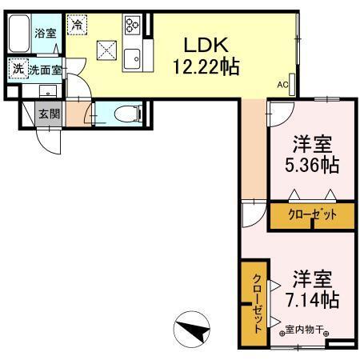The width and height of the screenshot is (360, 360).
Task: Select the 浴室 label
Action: (46, 33)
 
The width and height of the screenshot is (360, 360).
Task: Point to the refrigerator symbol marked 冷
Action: (76, 26)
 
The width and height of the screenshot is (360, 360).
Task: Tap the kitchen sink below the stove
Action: (133, 58)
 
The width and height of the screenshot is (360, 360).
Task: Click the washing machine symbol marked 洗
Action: (18, 70)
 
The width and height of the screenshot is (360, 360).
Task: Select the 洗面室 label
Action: (45, 70)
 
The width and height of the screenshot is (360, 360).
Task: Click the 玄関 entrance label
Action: (48, 114)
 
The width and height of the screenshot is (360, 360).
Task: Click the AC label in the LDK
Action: (282, 83)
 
